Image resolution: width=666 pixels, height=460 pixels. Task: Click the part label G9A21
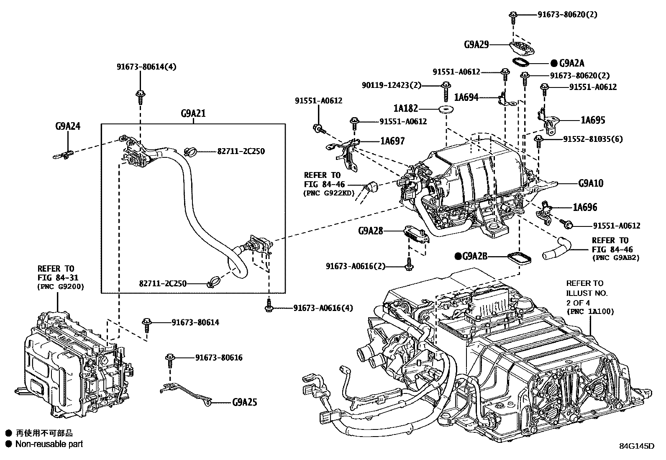pyautogui.click(x=193, y=113)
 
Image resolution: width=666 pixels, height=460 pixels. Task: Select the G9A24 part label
pyautogui.click(x=67, y=126)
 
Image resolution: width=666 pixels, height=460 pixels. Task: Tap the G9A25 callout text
pyautogui.click(x=245, y=403)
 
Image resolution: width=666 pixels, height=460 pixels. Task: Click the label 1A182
pyautogui.click(x=405, y=108)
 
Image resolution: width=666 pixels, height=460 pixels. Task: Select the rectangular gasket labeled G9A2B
pyautogui.click(x=518, y=257)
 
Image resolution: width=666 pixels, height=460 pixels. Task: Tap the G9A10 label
pyautogui.click(x=591, y=183)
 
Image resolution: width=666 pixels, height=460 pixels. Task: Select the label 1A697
pyautogui.click(x=392, y=141)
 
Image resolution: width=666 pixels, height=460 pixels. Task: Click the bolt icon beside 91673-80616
pyautogui.click(x=171, y=358)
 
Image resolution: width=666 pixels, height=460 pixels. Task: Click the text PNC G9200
pyautogui.click(x=61, y=287)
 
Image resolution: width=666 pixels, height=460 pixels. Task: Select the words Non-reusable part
pyautogui.click(x=49, y=444)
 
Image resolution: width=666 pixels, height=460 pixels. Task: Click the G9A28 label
pyautogui.click(x=370, y=231)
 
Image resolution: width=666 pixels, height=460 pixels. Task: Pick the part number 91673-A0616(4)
pyautogui.click(x=323, y=308)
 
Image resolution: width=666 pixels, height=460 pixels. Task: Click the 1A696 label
pyautogui.click(x=585, y=207)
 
